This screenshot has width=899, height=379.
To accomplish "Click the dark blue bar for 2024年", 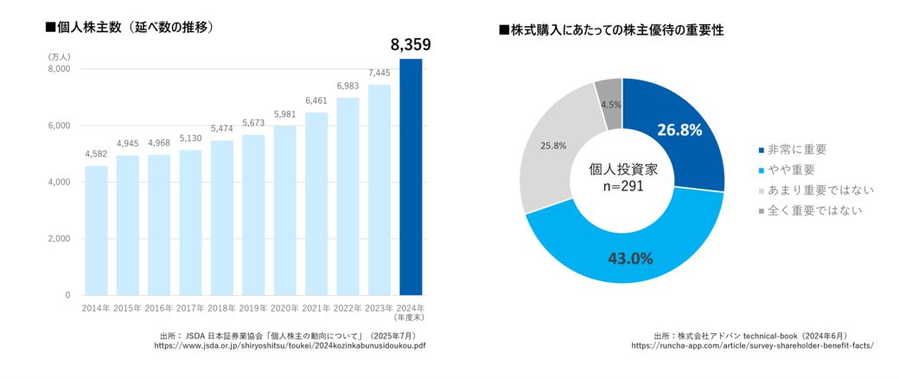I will [410, 177].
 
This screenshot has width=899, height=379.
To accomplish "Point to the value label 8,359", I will [410, 45].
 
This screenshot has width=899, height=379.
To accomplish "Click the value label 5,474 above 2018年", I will [222, 129].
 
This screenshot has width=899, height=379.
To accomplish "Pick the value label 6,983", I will [347, 87].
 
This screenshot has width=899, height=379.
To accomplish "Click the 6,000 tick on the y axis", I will [58, 125].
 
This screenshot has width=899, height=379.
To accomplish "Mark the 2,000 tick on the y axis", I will [58, 239].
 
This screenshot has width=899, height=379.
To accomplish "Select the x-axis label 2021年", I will [316, 308].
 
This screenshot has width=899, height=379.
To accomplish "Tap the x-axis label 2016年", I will [159, 308].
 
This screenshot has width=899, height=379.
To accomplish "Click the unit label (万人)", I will [59, 55].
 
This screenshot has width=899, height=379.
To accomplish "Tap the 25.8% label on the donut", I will [553, 145].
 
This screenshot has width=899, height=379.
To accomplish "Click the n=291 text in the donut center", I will [622, 185].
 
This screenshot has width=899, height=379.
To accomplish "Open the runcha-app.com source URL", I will [752, 344].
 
